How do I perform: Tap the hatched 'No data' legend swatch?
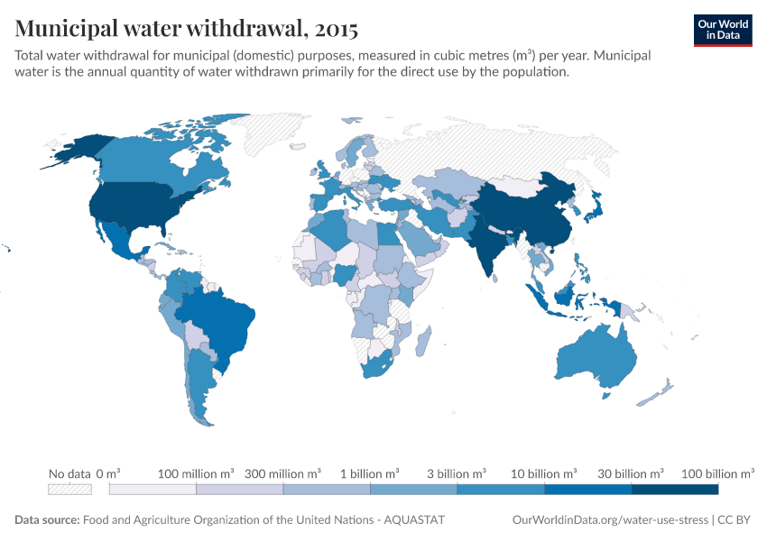[x=69, y=489]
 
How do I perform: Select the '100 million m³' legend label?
[x=196, y=473]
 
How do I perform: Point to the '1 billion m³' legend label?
[x=370, y=473]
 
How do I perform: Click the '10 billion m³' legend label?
[x=544, y=473]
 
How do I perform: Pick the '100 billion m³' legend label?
[x=717, y=473]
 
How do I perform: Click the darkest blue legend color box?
[x=674, y=489]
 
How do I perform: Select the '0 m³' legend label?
[x=108, y=473]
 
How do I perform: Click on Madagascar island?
[x=422, y=342]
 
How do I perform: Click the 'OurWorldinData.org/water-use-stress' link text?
[x=610, y=520]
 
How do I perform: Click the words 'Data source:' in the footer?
[x=47, y=520]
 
